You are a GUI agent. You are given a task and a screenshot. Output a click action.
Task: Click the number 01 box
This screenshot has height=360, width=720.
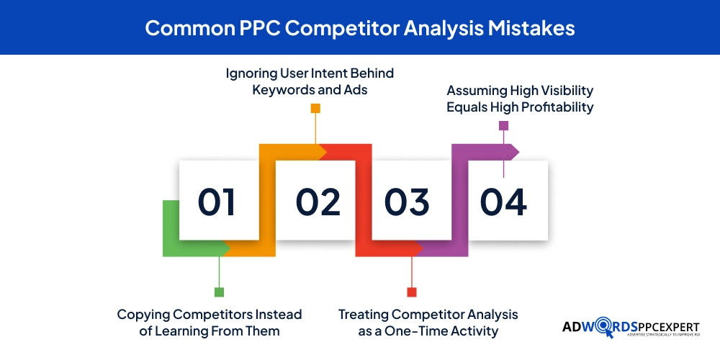pyautogui.click(x=218, y=200)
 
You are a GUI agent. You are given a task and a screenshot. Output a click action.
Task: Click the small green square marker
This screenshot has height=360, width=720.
pyautogui.click(x=219, y=292)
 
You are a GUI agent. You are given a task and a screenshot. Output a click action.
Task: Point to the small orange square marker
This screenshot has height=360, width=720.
pyautogui.click(x=315, y=108)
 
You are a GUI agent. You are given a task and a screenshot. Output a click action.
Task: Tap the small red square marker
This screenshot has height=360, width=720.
pyautogui.click(x=412, y=292)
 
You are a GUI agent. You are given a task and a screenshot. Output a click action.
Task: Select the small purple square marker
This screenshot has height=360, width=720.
pyautogui.click(x=503, y=125)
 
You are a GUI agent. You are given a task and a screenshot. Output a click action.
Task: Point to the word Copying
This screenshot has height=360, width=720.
pyautogui.click(x=145, y=315)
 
